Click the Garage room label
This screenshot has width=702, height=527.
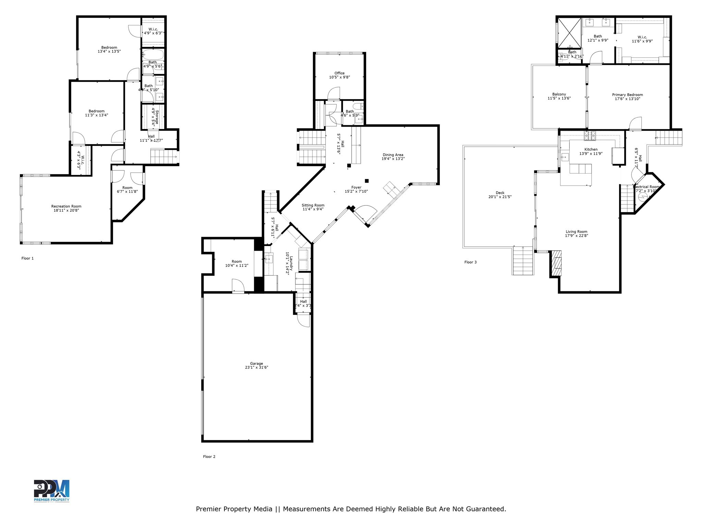(x=256, y=364)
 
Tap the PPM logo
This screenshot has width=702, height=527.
(x=51, y=491)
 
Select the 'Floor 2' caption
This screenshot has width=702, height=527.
(x=209, y=457)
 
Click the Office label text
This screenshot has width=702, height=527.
(x=339, y=73)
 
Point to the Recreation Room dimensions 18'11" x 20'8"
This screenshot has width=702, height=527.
(x=66, y=210)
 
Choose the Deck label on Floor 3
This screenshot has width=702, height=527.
(x=500, y=193)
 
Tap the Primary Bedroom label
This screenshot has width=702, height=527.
(x=627, y=95)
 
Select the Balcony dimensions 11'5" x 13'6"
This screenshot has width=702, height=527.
(x=559, y=98)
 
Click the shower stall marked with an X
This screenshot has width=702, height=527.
(x=569, y=33)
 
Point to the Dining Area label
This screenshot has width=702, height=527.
(x=393, y=155)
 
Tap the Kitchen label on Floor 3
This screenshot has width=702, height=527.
(x=591, y=149)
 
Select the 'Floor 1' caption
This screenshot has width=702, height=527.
(x=27, y=258)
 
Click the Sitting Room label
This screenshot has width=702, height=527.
(x=313, y=205)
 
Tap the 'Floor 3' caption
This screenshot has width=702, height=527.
(x=470, y=262)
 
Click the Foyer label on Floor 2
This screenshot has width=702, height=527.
(x=356, y=187)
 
